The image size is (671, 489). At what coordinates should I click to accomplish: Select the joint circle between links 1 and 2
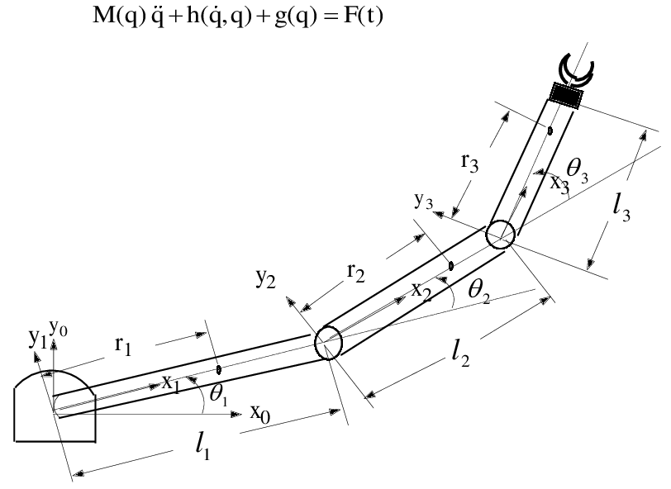point(328,341)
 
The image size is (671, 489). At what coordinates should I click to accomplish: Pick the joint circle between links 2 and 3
point(500,235)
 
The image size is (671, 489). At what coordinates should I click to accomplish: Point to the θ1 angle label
point(218,395)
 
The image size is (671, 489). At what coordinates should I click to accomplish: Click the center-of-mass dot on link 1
point(218,369)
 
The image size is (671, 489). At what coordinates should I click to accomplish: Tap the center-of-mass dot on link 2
point(450,266)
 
